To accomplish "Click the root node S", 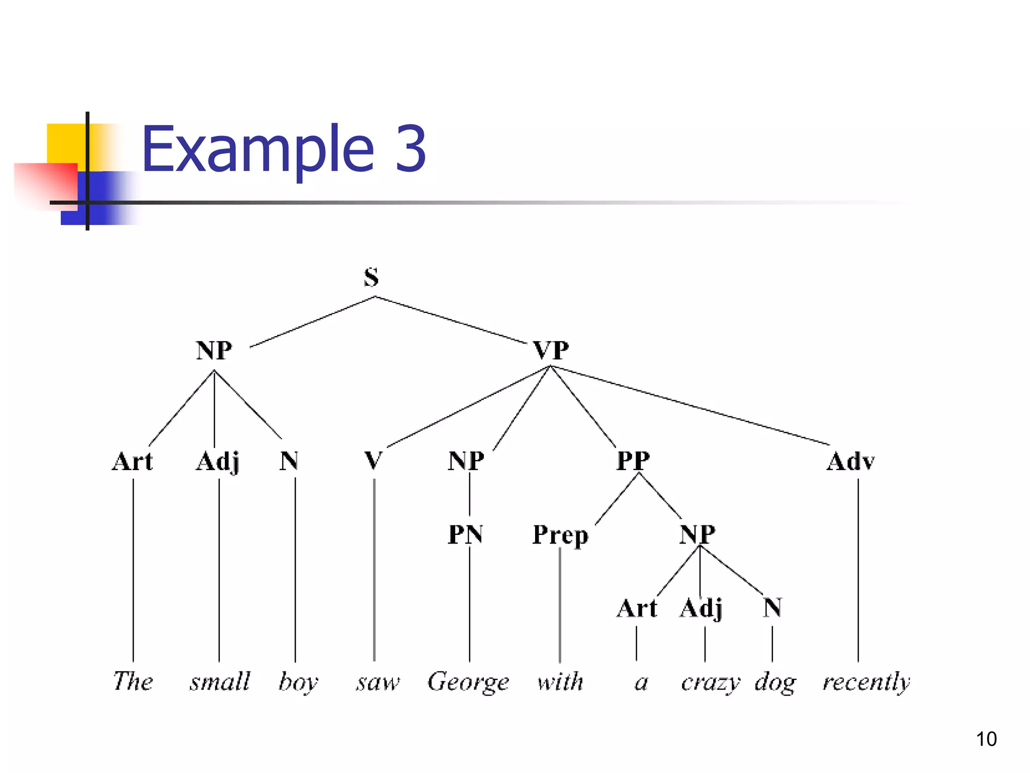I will tap(371, 277).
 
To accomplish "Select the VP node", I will tap(551, 350).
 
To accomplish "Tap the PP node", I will tap(633, 460).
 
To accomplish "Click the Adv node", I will tap(851, 461).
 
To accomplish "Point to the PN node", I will tap(466, 534).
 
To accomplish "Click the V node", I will tap(373, 460).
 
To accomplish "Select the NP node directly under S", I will tap(214, 350).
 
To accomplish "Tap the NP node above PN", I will tap(466, 460).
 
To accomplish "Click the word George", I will tap(468, 682).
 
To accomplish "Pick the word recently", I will tap(866, 682).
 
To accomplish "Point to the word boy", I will tap(298, 682).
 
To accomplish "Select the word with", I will tap(560, 682).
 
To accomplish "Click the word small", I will tap(220, 682).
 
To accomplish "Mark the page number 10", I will tap(986, 739).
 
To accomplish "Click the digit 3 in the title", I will tap(411, 148).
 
